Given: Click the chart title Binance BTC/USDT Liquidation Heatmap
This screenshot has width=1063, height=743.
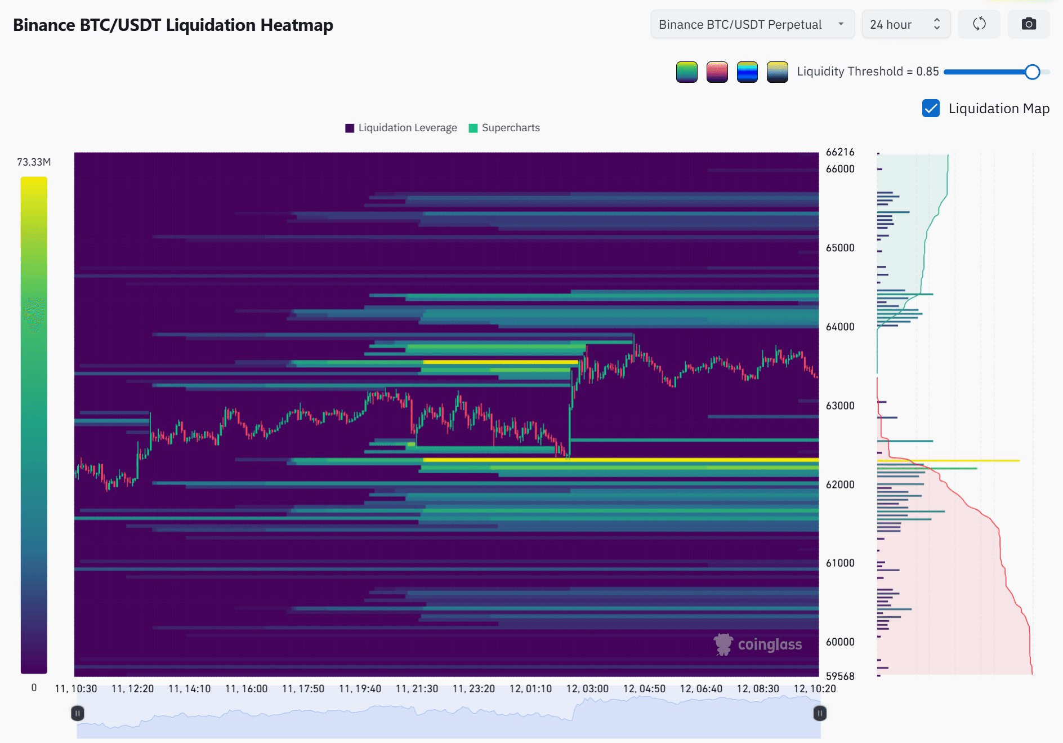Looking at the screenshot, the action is point(173,25).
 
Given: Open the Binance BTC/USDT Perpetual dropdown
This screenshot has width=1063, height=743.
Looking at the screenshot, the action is point(753,24).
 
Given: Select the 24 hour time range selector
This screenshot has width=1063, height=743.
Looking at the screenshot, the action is point(906,24).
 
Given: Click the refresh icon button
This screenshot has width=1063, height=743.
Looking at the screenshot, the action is point(979,24).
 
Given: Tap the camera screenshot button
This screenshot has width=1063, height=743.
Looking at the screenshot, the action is point(1029,24).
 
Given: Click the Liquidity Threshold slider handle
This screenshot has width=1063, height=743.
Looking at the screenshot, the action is point(1032,72).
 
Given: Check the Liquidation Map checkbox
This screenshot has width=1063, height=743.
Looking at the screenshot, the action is point(931,108).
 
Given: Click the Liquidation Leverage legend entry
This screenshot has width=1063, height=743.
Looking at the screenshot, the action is point(401,128).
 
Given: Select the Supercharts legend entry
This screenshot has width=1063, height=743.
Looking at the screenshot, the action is point(504,128).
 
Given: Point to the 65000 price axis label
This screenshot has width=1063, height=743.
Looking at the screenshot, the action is point(840,248).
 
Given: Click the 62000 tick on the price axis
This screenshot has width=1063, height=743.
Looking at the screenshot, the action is point(840,484).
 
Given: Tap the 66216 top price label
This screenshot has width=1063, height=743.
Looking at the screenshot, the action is point(840,152).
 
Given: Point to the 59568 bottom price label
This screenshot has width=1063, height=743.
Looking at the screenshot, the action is point(840,676).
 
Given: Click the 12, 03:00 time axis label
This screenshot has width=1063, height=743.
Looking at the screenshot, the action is point(587,689).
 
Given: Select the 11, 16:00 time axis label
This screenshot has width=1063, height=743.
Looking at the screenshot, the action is point(246,689).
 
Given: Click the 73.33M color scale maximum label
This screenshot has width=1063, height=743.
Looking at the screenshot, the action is point(34,162).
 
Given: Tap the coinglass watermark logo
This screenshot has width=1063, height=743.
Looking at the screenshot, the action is point(758,644).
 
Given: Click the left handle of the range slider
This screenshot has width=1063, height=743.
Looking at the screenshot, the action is point(78,714).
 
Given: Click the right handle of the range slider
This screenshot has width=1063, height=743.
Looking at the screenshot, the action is point(820,714).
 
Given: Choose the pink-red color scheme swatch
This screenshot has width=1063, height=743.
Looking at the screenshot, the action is point(717,72).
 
